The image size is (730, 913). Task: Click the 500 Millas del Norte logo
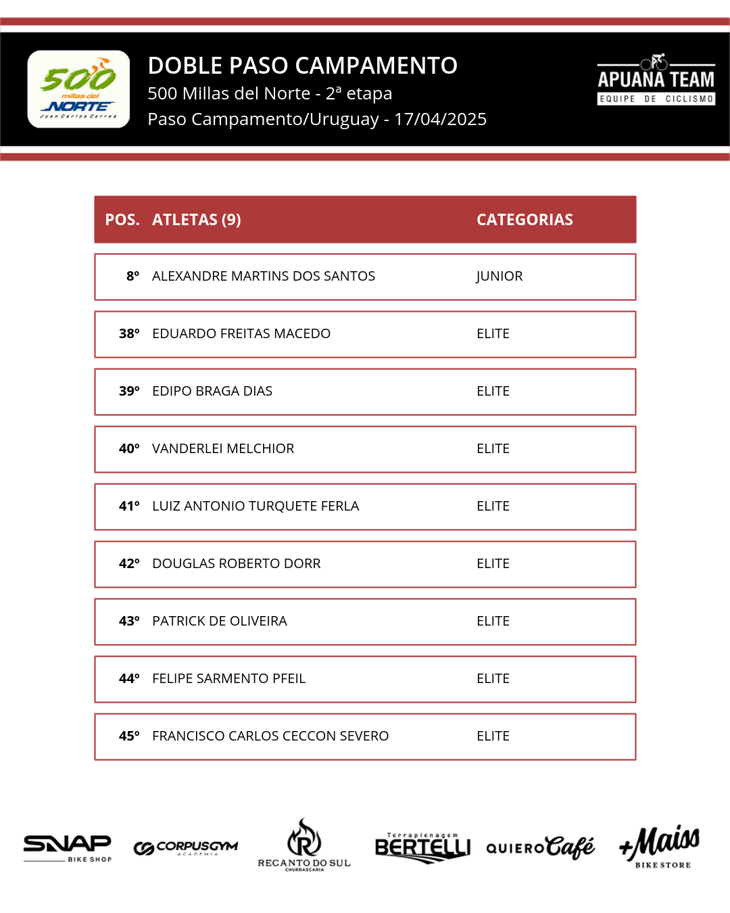[x=78, y=89]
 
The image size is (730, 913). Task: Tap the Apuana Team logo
[x=656, y=80]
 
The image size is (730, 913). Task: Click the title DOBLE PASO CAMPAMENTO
[x=302, y=66]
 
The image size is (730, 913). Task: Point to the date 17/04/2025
[x=440, y=119]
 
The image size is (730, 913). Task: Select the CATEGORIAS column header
[x=525, y=220]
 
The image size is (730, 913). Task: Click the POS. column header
[x=122, y=220]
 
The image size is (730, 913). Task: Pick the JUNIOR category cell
[x=499, y=276]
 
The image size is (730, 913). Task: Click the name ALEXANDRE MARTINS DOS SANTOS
[x=263, y=276]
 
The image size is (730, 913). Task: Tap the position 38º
[x=129, y=333]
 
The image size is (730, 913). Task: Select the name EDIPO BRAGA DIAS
[x=212, y=391]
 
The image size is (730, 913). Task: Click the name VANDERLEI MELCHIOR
[x=223, y=448]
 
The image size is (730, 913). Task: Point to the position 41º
[x=129, y=506]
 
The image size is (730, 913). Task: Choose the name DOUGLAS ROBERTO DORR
[x=236, y=563]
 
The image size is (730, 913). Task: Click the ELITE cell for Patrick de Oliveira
[x=493, y=621]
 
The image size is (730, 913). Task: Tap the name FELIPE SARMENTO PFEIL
[x=228, y=678]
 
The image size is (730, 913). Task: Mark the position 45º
[x=129, y=736]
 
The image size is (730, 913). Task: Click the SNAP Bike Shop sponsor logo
[x=68, y=847]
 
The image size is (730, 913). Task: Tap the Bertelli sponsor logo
[x=422, y=847]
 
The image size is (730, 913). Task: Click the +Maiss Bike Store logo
[x=660, y=846]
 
